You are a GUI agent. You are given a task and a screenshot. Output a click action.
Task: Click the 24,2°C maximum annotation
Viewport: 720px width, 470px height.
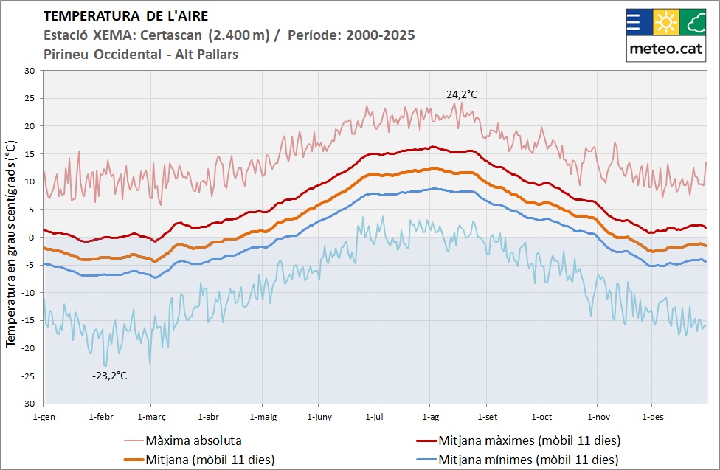tap(462, 94)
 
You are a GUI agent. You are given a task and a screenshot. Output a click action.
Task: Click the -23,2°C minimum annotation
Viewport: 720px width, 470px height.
tap(109, 376)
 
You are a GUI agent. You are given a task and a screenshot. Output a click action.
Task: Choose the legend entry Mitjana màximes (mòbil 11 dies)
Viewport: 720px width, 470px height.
tap(528, 441)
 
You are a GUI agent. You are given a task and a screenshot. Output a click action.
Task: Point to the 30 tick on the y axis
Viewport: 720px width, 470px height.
tap(30, 71)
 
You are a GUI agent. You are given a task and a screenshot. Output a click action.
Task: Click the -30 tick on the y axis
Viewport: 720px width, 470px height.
tap(28, 404)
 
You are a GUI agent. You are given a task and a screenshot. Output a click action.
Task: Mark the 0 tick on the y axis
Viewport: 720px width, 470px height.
tap(32, 238)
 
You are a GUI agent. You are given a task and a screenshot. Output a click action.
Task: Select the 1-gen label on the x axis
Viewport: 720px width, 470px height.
tap(44, 417)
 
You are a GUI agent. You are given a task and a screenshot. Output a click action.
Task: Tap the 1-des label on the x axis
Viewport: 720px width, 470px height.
tap(653, 417)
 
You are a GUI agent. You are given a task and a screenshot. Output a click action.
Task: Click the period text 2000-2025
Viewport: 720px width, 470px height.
tap(379, 35)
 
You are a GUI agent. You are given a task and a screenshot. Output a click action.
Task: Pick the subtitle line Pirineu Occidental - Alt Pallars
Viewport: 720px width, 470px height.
tap(141, 55)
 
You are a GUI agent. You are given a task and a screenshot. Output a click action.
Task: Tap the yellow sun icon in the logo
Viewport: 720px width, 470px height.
tap(666, 23)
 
